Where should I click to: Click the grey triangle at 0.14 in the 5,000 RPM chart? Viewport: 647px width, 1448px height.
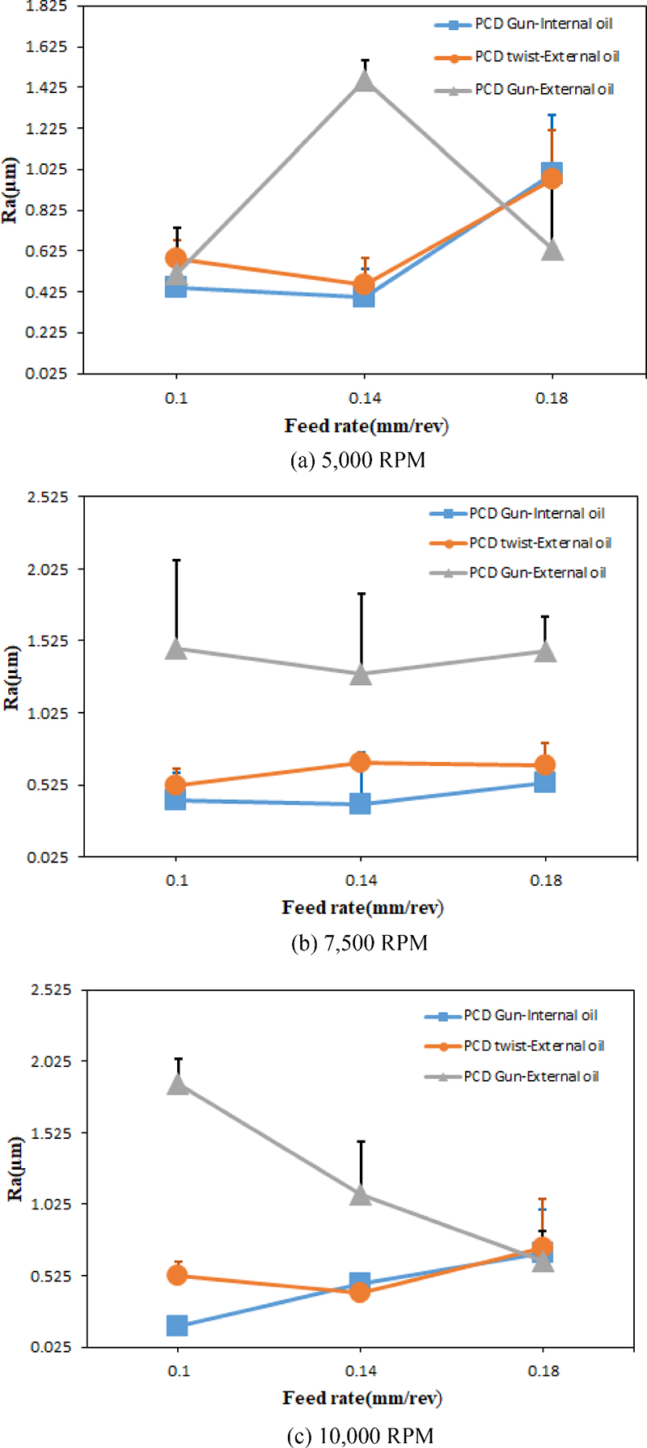(x=365, y=80)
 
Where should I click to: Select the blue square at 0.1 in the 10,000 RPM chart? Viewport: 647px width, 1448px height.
(x=177, y=1326)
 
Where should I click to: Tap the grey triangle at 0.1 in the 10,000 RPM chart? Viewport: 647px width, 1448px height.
(x=178, y=1084)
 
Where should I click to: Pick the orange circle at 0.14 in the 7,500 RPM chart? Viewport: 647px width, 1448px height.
(x=361, y=762)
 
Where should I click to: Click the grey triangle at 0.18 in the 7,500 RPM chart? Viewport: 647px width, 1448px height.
(x=546, y=651)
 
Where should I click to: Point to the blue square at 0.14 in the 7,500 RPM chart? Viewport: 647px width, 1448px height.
(x=361, y=803)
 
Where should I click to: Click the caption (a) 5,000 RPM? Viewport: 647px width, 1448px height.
(x=357, y=460)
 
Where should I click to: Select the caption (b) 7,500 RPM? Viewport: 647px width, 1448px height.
(x=359, y=943)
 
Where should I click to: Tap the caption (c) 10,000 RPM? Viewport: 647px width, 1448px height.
(x=361, y=1436)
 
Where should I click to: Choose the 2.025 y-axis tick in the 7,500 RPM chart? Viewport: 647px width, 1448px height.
(x=49, y=569)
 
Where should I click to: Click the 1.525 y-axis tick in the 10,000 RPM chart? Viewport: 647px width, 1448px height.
(x=50, y=1133)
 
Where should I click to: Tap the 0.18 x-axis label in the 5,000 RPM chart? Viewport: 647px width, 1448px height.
(x=552, y=398)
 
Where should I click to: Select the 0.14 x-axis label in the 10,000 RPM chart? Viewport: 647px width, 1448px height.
(x=361, y=1371)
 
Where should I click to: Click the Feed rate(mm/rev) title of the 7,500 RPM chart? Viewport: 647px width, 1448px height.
(x=362, y=908)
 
